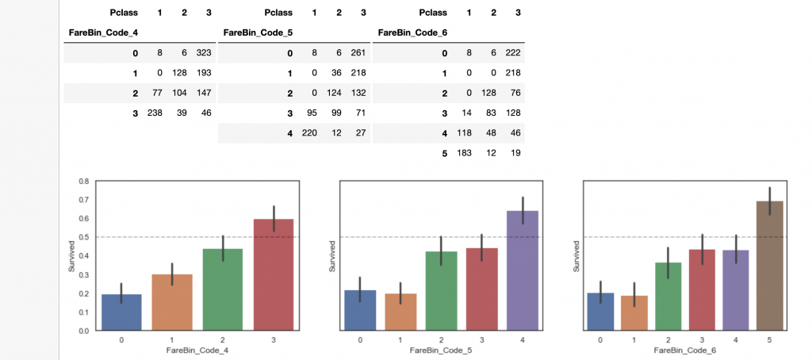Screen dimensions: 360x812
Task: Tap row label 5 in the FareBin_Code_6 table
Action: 444,153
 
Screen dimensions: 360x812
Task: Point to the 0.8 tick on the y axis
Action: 84,182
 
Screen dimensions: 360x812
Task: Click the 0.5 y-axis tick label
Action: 84,237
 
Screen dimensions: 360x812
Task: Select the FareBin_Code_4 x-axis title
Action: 197,350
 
